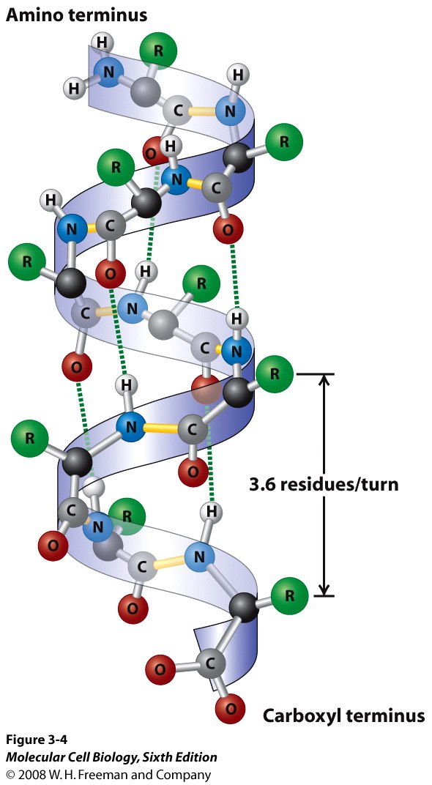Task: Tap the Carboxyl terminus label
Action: point(344,715)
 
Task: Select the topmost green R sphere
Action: point(158,50)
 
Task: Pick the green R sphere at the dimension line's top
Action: point(275,373)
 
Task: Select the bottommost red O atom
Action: point(230,708)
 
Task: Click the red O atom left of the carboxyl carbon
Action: point(160,669)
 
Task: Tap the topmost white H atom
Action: point(103,42)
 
